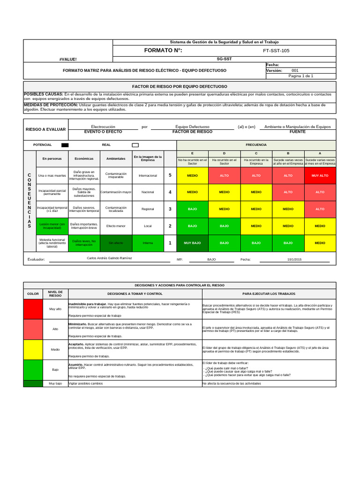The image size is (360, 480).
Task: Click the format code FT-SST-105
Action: [x=277, y=51]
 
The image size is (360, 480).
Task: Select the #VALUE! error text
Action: [x=68, y=60]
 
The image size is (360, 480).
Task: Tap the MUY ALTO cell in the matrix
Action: [x=320, y=175]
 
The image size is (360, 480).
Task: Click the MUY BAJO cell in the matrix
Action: [x=192, y=243]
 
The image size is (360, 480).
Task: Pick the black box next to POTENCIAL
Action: [x=65, y=145]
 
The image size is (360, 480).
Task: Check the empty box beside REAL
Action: [x=135, y=145]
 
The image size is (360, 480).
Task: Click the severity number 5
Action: [x=170, y=175]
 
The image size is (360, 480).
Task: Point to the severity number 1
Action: [x=170, y=243]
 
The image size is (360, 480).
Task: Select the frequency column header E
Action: [x=192, y=154]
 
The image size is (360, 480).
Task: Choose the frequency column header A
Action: [x=320, y=154]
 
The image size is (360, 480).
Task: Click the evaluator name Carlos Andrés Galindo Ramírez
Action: [x=110, y=258]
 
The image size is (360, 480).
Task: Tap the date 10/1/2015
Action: [x=295, y=259]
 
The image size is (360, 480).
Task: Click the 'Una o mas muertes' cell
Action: [x=52, y=175]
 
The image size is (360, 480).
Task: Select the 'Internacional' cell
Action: [x=148, y=175]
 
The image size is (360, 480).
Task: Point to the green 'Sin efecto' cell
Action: [x=116, y=243]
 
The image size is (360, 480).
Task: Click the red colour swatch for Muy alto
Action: [x=33, y=309]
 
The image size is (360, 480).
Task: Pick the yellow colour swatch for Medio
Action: [x=33, y=349]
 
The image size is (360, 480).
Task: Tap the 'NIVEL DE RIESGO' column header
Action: [x=55, y=293]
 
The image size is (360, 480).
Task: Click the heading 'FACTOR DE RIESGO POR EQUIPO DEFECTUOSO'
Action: [x=180, y=87]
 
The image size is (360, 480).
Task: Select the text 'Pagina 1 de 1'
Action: [x=301, y=76]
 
